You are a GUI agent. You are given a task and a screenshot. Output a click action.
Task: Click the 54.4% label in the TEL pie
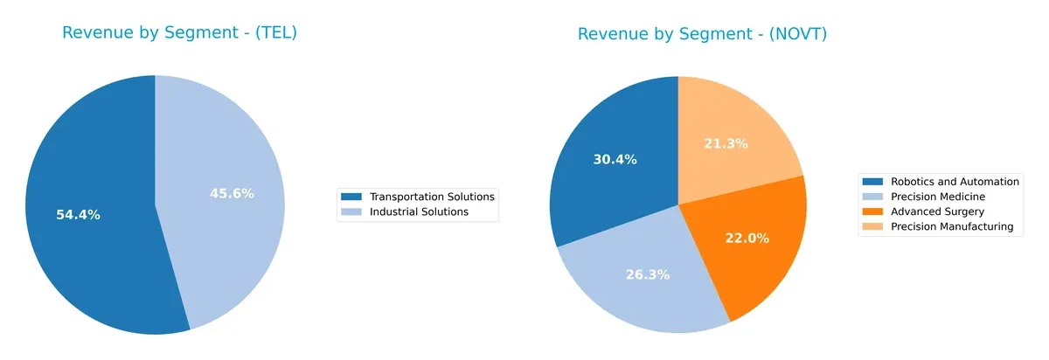coord(78,215)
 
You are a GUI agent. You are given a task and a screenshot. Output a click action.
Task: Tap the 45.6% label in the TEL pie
coord(232,193)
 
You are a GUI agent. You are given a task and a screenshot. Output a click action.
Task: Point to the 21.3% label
coord(726,143)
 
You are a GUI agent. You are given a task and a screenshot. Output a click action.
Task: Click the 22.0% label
coord(747,238)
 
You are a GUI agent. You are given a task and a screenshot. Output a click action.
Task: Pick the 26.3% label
coord(648,274)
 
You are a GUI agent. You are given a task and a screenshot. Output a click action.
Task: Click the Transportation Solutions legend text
coord(432,197)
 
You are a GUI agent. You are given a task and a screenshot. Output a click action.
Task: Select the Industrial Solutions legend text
coord(419,211)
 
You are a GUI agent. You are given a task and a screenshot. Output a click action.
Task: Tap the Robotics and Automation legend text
coord(955,182)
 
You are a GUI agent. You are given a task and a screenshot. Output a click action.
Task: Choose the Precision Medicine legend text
coord(938,197)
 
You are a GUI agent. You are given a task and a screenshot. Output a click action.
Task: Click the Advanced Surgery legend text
coord(937,211)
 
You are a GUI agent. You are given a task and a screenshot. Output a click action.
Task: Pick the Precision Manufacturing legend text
coord(951,226)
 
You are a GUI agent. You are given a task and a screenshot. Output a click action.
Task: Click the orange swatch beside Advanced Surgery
coord(873,211)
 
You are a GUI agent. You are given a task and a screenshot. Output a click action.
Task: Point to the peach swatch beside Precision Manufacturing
coord(873,226)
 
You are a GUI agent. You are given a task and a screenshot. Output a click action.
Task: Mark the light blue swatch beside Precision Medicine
coord(873,197)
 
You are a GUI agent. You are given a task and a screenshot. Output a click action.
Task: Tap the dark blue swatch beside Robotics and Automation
coord(873,182)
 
